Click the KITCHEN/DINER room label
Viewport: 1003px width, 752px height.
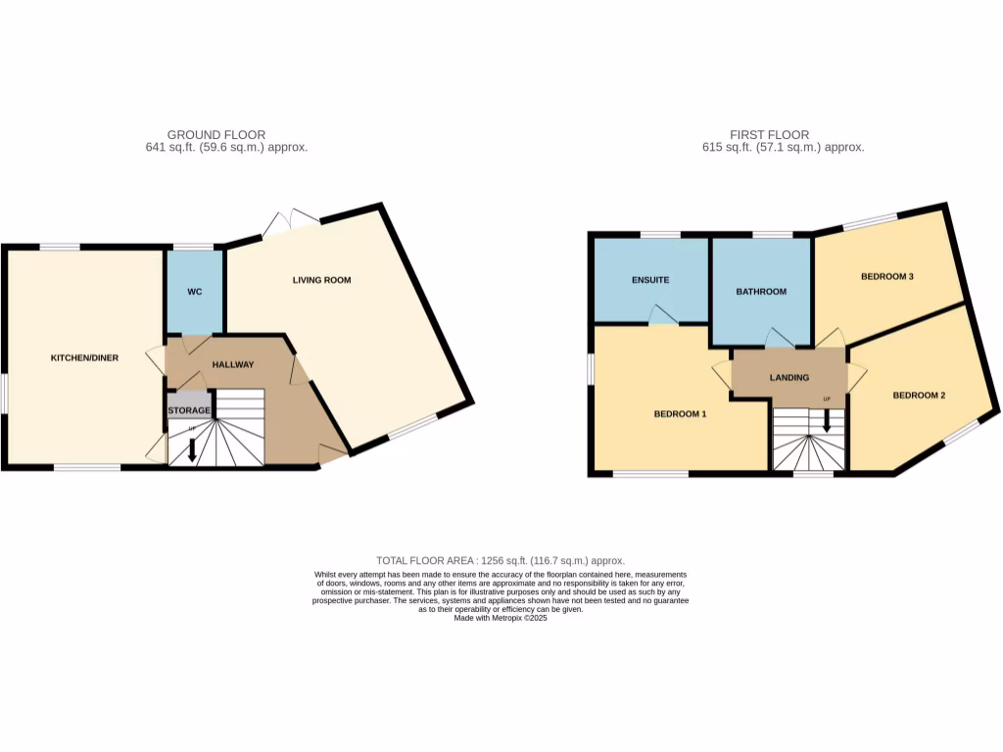pos(84,358)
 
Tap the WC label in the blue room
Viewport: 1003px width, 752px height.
pos(195,293)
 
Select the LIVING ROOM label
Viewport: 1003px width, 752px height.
pos(321,280)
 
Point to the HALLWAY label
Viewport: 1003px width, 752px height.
pos(233,364)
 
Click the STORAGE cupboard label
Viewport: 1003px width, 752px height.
pos(188,409)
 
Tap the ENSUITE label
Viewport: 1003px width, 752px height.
pos(649,280)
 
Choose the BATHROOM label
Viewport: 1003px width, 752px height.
pos(761,292)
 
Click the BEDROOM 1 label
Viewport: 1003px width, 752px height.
pos(680,414)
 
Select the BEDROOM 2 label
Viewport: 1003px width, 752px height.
pos(919,396)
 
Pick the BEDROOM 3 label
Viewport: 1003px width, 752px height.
pos(886,276)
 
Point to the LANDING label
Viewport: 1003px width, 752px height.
pos(789,377)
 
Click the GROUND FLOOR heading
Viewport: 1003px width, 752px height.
pos(215,135)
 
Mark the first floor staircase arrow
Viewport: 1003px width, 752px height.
pos(827,421)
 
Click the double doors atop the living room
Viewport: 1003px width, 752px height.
pos(290,222)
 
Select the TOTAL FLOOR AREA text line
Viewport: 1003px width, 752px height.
pos(501,560)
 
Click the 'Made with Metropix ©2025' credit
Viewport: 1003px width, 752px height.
pos(501,618)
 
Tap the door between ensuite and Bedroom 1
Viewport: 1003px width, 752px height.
pos(664,313)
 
